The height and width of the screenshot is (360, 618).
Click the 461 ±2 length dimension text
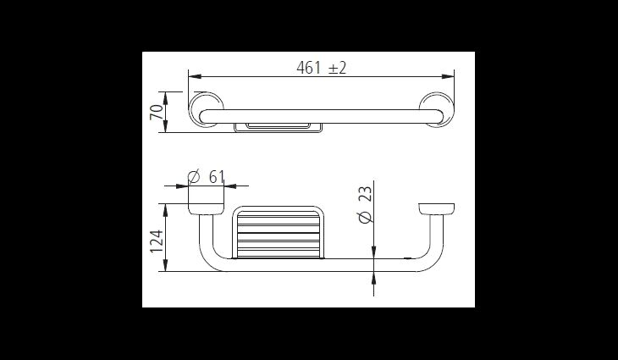[x=321, y=68]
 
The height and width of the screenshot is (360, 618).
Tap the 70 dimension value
[x=157, y=113]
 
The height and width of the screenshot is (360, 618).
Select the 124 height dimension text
[x=157, y=241]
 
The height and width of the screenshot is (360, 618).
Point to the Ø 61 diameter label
[x=206, y=177]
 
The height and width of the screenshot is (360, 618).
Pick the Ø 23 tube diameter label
[x=366, y=205]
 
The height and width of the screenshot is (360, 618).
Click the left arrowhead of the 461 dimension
[x=195, y=76]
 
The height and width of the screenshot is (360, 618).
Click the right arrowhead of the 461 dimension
[x=448, y=76]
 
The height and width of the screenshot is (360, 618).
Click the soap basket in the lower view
[x=279, y=233]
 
